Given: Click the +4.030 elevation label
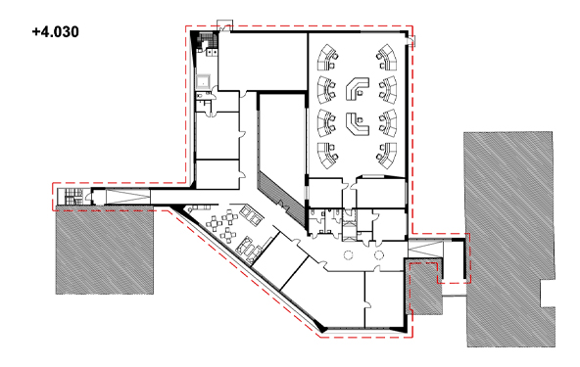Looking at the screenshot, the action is tap(56, 31).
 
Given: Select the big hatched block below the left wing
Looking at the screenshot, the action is tap(105, 252).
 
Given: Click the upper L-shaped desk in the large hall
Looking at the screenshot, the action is tap(357, 88).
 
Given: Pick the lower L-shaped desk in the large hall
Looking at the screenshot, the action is tap(357, 123).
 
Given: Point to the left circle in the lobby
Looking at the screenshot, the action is tap(348, 255).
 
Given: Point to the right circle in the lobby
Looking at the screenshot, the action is tap(379, 255).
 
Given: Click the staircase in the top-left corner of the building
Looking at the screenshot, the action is tap(206, 40).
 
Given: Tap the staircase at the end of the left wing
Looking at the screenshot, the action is tap(73, 197).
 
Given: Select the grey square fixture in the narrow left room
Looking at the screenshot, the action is tap(204, 81).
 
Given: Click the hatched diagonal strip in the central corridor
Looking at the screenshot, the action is tap(282, 194).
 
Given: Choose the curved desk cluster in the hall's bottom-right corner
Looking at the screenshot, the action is tap(387, 156).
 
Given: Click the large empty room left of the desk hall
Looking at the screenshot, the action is tap(282, 133).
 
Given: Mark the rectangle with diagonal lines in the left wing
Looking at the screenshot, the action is tap(128, 196).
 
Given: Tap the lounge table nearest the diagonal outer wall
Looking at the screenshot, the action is tap(226, 236).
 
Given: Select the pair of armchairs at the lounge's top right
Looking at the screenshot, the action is tap(251, 216).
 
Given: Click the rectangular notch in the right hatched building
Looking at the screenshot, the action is tap(548, 294).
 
